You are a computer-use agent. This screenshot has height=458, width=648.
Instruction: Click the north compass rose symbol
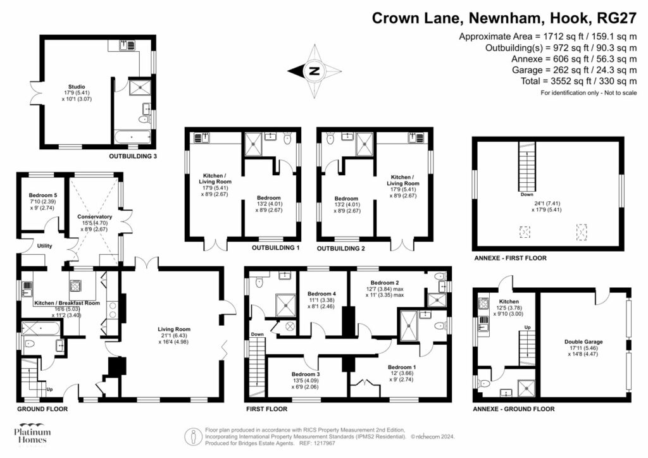(313, 71)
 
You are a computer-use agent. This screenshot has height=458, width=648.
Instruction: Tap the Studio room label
(77, 87)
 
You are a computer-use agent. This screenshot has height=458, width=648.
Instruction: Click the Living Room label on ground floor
(174, 329)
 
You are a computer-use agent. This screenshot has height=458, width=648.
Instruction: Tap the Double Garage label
(583, 342)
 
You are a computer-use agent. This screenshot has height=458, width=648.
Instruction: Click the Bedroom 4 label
(321, 294)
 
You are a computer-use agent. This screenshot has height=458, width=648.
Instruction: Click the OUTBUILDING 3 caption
(134, 156)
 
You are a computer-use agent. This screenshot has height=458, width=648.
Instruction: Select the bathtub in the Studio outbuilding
(132, 136)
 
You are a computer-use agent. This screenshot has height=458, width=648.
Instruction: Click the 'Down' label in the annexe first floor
(526, 195)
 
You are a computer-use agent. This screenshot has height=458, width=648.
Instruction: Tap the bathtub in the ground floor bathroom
(41, 328)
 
